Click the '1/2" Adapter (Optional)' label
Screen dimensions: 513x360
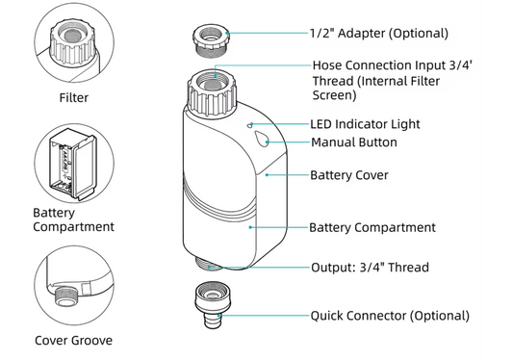379,34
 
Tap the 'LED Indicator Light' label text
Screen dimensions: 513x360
365,124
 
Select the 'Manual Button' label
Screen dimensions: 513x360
354,142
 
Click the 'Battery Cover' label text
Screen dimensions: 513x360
349,175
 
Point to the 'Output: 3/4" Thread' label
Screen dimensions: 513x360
370,268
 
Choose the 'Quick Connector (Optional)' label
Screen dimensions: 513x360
390,316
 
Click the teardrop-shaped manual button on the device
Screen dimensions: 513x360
262,139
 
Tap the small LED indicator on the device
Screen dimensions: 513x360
249,125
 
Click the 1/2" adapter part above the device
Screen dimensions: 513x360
211,40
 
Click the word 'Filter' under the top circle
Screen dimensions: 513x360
73,97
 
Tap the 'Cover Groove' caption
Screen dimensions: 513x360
73,341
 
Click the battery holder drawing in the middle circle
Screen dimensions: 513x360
72,164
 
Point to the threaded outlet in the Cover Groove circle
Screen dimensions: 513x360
65,296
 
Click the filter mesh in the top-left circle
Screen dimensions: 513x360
72,35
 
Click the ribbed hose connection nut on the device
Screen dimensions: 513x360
212,94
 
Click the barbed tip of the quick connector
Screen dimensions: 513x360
213,321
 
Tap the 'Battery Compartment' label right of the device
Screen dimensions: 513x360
372,227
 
